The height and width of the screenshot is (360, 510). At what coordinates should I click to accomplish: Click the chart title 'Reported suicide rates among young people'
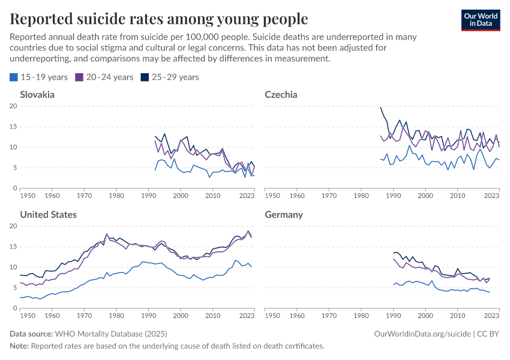point(159,19)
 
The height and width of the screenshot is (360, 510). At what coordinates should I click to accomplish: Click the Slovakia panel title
point(37,94)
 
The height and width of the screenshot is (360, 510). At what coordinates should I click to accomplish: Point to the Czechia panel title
point(281,94)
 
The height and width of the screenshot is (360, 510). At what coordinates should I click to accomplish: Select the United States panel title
point(48,214)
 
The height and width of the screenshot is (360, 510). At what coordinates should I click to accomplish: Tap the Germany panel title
point(284,214)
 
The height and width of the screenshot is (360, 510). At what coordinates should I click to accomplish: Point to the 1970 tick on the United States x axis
point(84,315)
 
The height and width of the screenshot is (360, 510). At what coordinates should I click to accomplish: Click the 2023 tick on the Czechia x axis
point(491,195)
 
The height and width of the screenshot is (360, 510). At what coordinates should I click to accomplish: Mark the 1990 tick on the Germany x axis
point(393,315)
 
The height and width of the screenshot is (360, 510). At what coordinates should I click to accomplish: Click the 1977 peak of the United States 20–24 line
point(107,233)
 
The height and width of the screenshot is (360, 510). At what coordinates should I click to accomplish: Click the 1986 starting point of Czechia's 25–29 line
point(380,107)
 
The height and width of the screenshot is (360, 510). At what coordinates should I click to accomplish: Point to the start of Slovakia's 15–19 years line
point(155,170)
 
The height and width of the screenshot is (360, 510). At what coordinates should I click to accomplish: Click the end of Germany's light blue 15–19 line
point(489,292)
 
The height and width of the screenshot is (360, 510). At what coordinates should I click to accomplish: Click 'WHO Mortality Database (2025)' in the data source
point(111,333)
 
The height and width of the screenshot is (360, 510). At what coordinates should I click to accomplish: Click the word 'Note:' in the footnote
point(19,346)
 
